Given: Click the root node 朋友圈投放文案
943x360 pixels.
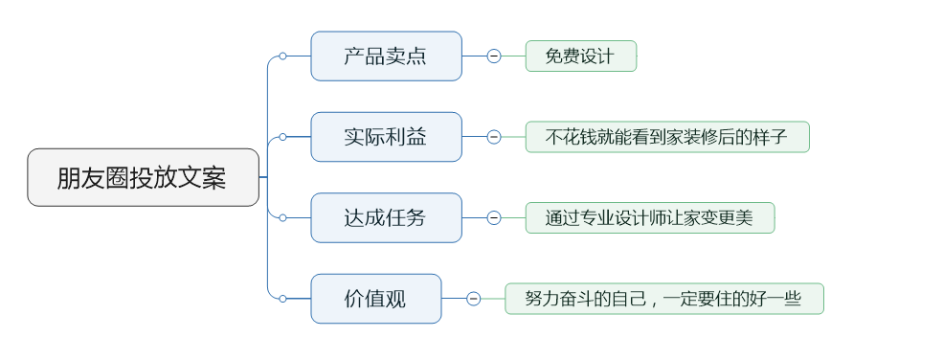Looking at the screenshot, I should coord(143,177).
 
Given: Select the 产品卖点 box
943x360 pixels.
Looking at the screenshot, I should coord(386,56).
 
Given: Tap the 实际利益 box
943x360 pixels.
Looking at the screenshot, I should coord(386,137).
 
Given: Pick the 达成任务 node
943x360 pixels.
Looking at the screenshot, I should coord(386,217).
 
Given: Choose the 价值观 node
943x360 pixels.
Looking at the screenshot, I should coord(375,299).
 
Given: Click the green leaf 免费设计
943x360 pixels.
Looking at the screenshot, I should coord(580,56).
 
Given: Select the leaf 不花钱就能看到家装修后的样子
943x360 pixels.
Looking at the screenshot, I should coord(666,137).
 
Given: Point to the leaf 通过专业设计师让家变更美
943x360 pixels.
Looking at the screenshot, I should coord(649,217).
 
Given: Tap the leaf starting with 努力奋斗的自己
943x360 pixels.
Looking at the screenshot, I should coord(663,299).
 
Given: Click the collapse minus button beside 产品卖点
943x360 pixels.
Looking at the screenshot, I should coord(494,56).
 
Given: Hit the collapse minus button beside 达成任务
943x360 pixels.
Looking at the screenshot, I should coord(494,217).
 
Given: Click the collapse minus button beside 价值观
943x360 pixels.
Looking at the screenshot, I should coord(474,299).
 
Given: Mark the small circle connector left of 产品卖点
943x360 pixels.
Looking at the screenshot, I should coord(282,56).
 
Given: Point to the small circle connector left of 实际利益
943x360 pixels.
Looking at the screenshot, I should coord(282,137).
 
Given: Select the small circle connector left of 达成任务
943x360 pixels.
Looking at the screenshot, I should coord(282,217).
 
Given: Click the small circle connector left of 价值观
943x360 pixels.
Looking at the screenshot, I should coord(282,299).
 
